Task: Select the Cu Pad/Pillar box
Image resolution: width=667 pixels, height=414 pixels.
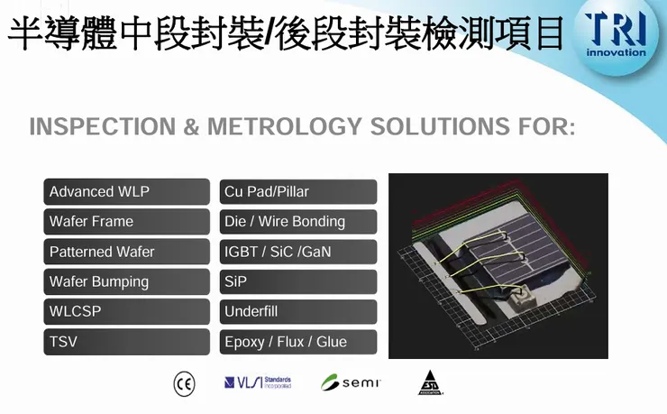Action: pyautogui.click(x=298, y=192)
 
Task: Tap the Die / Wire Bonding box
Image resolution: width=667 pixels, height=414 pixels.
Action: pyautogui.click(x=298, y=222)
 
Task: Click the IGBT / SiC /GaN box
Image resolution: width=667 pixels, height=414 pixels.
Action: pyautogui.click(x=298, y=252)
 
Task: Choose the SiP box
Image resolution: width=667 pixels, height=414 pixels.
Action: pyautogui.click(x=298, y=281)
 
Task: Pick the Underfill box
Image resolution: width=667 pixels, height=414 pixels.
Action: pyautogui.click(x=298, y=312)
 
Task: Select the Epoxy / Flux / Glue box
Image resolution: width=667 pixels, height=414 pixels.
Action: pyautogui.click(x=298, y=342)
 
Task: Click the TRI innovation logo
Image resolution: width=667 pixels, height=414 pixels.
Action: pyautogui.click(x=616, y=34)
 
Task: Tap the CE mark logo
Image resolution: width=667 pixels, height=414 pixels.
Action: pyautogui.click(x=184, y=383)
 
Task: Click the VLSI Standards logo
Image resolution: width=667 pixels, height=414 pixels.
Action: pyautogui.click(x=258, y=382)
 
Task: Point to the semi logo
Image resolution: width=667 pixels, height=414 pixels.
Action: pyautogui.click(x=352, y=382)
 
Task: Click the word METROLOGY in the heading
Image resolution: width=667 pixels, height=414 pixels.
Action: pyautogui.click(x=297, y=126)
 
